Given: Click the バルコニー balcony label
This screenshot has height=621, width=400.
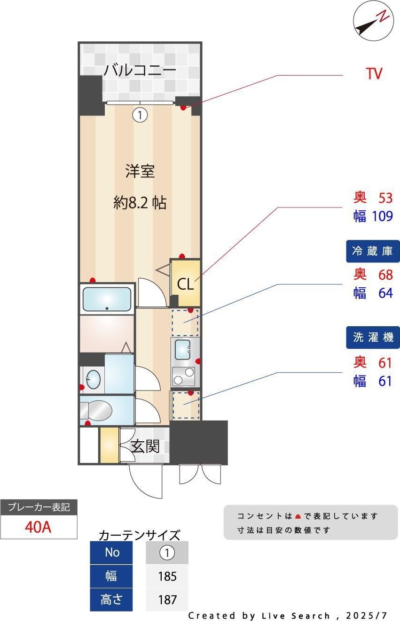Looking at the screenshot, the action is (x=140, y=69).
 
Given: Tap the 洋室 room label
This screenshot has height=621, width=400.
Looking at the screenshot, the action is (x=140, y=171).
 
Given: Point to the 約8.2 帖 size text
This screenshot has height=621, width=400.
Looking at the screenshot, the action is (x=140, y=203).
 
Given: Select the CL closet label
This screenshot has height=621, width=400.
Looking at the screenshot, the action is (x=185, y=284).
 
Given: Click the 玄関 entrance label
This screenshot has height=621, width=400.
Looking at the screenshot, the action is (x=145, y=446).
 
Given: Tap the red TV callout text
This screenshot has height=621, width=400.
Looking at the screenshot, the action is (x=374, y=74).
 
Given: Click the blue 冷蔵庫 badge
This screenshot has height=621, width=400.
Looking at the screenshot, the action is (x=373, y=251).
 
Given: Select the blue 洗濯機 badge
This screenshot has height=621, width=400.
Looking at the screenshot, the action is (x=373, y=337).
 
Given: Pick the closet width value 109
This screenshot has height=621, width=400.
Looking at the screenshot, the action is (x=382, y=216).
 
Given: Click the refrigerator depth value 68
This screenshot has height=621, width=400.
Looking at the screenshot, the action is (x=385, y=275).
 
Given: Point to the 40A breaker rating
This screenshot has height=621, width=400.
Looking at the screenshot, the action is (x=38, y=527).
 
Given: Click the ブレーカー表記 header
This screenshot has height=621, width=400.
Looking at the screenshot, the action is (x=39, y=507).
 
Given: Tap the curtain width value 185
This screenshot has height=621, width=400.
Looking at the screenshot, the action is (x=167, y=576).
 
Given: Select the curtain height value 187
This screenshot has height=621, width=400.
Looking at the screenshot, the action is (x=167, y=600).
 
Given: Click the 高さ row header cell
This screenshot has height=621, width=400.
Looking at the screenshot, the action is (x=111, y=600).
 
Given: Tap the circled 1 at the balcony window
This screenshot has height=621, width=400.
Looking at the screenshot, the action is (x=140, y=115).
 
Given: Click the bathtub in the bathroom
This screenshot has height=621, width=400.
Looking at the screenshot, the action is (x=107, y=299).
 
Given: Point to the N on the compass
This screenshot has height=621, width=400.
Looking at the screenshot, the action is (x=384, y=16).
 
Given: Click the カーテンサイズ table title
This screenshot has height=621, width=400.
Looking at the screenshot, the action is (x=139, y=535).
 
